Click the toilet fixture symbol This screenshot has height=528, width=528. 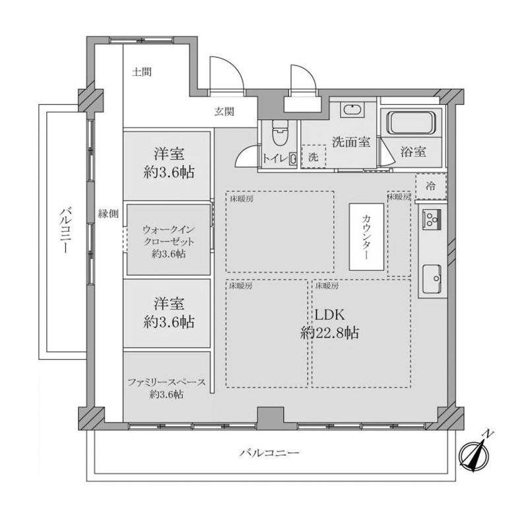(280, 133)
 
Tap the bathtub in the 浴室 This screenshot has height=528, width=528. (411, 123)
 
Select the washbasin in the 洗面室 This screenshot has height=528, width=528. (352, 110)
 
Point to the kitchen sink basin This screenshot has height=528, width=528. (432, 279)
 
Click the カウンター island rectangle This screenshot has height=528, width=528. (366, 237)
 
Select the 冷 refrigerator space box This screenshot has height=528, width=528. (431, 186)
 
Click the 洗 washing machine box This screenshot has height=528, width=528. (313, 156)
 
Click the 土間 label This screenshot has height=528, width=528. (141, 72)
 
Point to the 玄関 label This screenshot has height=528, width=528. (224, 112)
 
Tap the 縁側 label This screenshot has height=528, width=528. (108, 213)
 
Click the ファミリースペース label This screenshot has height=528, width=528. (167, 383)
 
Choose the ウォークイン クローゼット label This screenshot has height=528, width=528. (169, 236)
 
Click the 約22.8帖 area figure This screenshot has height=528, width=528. (329, 333)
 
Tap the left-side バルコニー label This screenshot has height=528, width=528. (65, 230)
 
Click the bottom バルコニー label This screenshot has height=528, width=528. (269, 453)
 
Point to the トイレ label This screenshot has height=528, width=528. (275, 158)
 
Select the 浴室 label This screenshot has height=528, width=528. (413, 152)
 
